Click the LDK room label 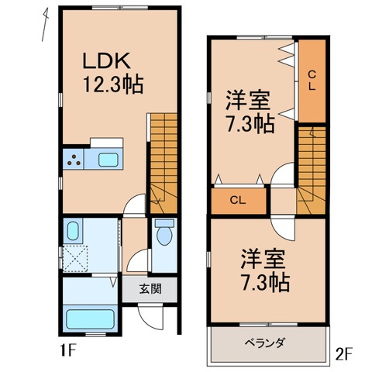[x=111, y=61]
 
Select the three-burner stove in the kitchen [x=75, y=161]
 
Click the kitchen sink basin [x=106, y=161]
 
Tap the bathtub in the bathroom [x=90, y=319]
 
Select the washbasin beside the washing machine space [x=73, y=230]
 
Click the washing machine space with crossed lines [x=75, y=257]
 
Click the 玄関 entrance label [x=151, y=290]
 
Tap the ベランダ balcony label [x=266, y=342]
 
